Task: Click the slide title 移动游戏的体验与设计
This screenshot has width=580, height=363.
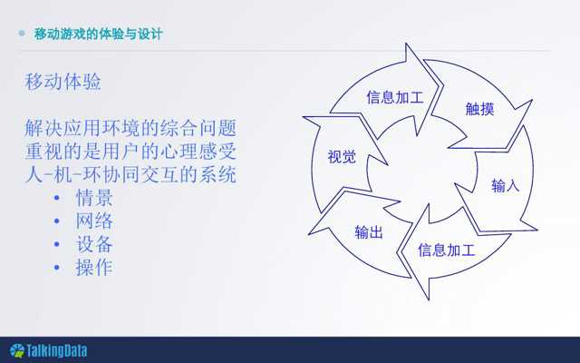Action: [99, 34]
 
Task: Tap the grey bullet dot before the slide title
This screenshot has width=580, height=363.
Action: [22, 34]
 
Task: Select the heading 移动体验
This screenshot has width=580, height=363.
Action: [63, 82]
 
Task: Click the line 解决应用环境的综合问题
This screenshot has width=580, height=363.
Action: [130, 128]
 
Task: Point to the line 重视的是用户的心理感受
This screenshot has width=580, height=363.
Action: [130, 152]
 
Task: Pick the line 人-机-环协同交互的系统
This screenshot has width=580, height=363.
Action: [130, 174]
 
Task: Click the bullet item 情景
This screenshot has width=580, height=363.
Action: [94, 198]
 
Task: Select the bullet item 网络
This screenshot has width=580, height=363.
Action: [94, 221]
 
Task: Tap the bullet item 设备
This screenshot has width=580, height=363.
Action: [94, 244]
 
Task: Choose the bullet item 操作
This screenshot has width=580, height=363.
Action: [94, 268]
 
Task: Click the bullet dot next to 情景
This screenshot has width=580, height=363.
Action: [56, 198]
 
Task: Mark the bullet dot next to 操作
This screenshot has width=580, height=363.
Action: [56, 267]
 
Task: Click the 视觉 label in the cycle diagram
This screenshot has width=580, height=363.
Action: [342, 157]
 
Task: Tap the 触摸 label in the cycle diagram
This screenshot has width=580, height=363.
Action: [479, 109]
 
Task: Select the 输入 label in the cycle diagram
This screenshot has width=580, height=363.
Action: [506, 185]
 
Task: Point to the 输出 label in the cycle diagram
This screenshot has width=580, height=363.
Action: [369, 232]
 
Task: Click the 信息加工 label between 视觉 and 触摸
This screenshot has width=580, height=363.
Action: [395, 97]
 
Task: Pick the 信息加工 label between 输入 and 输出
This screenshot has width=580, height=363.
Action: [447, 250]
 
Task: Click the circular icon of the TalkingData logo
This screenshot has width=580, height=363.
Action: [17, 351]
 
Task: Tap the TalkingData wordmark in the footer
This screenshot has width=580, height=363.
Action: [56, 350]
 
